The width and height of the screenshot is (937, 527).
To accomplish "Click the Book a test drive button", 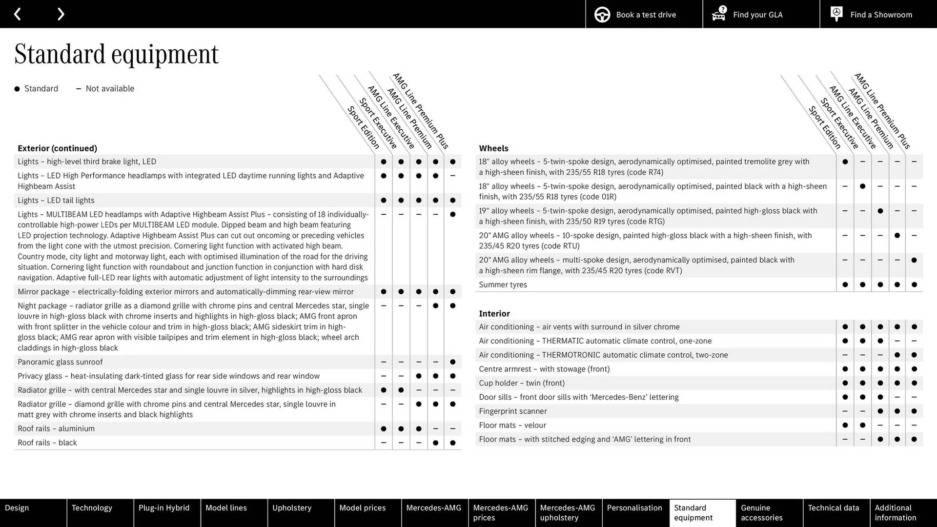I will click(644, 14).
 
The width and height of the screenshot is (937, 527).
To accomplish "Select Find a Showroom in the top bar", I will click(878, 14).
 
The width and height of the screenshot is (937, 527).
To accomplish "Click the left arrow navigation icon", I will click(17, 14).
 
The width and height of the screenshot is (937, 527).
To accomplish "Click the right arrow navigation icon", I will click(61, 14).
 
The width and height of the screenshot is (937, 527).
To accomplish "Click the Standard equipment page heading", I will click(117, 54).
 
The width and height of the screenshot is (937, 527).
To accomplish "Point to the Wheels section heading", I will click(493, 148).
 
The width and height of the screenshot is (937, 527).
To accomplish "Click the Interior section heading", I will click(494, 314).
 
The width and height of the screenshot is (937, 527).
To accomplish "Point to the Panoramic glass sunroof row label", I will click(60, 362).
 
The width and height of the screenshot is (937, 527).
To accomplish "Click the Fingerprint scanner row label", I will click(512, 411).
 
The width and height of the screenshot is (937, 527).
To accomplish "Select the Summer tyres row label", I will click(503, 285).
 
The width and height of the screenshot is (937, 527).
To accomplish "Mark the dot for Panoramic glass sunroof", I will click(452, 362).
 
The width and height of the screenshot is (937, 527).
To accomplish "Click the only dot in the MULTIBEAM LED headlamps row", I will click(452, 215).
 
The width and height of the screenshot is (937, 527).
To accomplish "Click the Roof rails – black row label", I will click(47, 443).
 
